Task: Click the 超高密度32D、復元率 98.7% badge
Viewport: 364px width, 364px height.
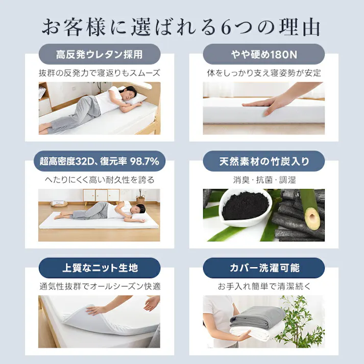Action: pos(100,162)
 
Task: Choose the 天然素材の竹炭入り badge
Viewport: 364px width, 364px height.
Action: pos(263,162)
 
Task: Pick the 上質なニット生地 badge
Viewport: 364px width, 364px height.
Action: pos(100,268)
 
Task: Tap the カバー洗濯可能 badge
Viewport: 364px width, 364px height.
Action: pos(263,268)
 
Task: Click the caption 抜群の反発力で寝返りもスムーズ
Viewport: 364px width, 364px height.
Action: pos(100,73)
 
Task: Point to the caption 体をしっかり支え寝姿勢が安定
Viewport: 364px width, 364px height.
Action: pos(263,73)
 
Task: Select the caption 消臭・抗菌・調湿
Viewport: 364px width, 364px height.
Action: pos(263,180)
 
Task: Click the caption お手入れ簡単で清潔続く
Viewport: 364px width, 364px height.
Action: pos(263,286)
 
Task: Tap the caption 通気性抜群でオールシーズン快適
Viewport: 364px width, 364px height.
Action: pos(100,286)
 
